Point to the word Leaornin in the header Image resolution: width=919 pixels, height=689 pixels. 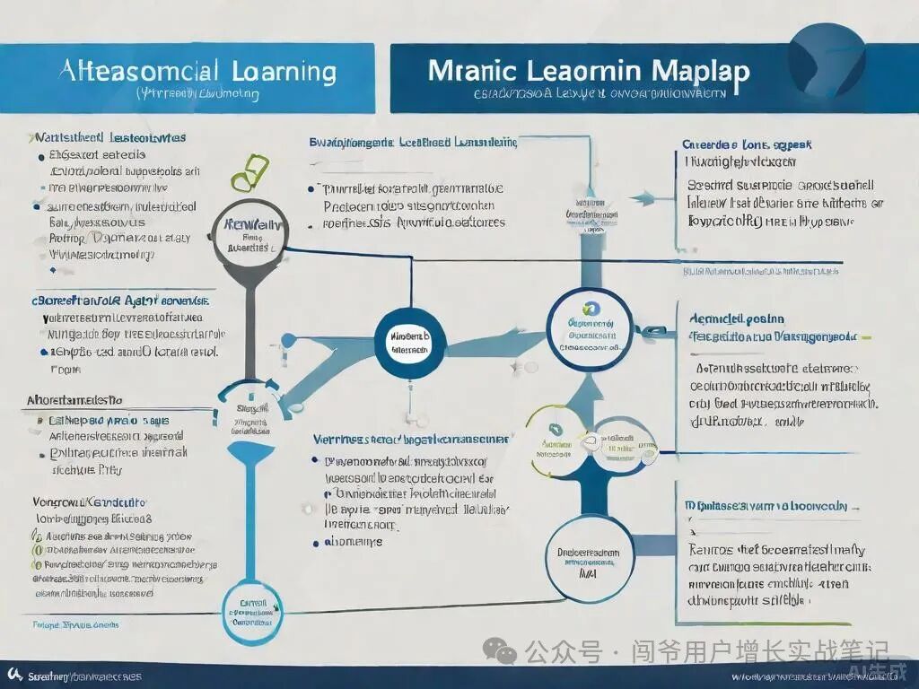coord(587,71)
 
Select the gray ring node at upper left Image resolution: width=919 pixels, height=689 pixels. coord(247,235)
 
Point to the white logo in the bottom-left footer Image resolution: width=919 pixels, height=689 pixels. coord(14,675)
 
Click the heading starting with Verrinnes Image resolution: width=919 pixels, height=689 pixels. coord(408,440)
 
